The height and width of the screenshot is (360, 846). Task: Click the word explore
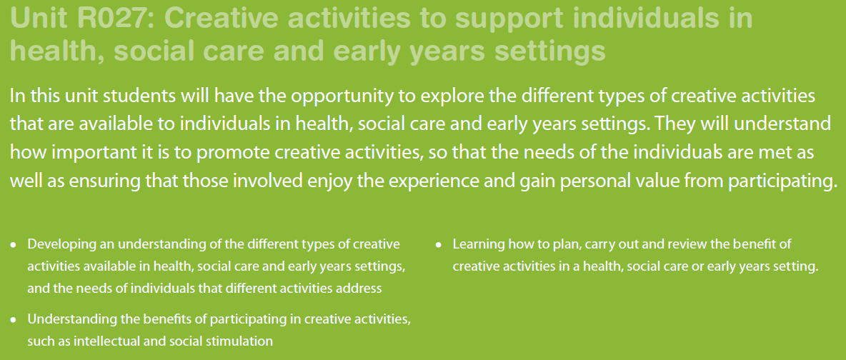coord(452,96)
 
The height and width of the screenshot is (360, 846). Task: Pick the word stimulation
coord(246,341)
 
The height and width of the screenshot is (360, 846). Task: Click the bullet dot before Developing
coord(14,245)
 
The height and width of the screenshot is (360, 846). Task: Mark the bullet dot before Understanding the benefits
coord(14,320)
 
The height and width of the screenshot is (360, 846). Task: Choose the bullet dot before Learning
coord(439,245)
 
